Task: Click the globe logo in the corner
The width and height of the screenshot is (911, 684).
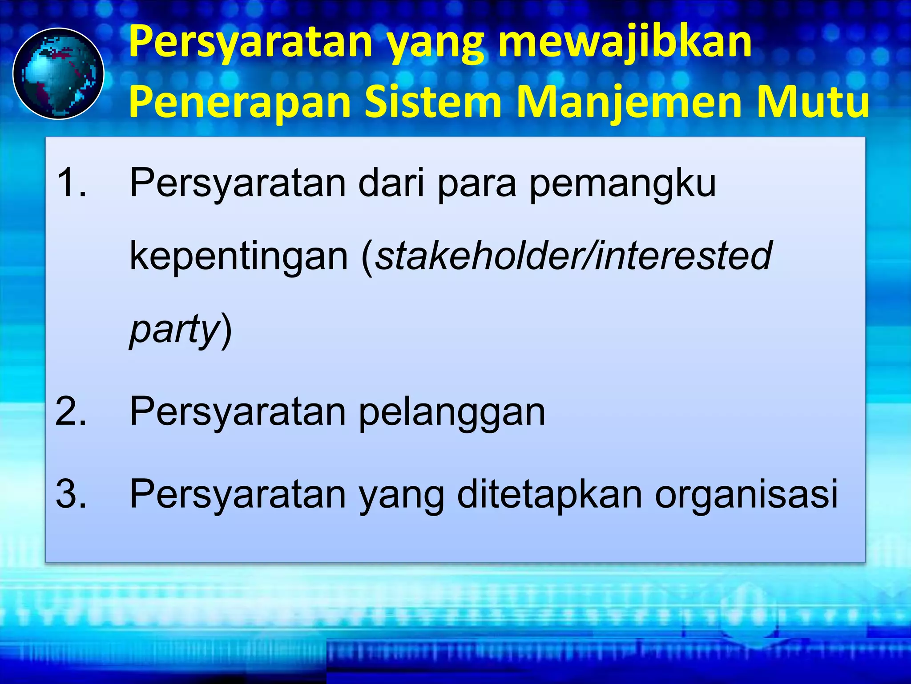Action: [x=58, y=73]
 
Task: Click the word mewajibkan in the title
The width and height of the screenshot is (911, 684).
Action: [x=625, y=42]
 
